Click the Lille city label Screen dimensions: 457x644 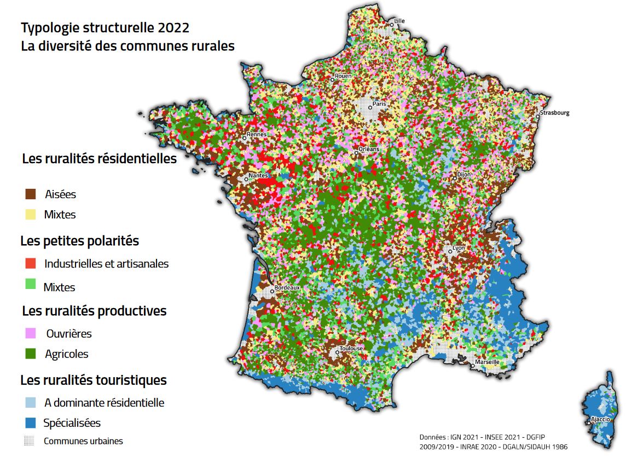coord(400,21)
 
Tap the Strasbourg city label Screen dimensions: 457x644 coord(555,113)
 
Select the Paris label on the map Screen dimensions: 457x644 coord(379,103)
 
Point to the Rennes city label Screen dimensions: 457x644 coord(257,134)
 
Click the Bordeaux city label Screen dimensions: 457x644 coord(288,287)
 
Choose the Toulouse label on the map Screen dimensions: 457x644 coord(351,348)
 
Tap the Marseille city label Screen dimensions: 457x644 coord(487,362)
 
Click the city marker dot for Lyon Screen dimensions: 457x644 coord(450,251)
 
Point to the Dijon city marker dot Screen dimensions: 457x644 coord(455,178)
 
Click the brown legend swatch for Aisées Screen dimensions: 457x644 coord(31,194)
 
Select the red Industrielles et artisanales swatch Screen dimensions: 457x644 coord(31,263)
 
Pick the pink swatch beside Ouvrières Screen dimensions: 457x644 coord(31,333)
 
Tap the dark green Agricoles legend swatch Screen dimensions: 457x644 coord(31,354)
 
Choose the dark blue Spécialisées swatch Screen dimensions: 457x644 coord(31,423)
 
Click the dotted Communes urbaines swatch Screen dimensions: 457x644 coord(30,441)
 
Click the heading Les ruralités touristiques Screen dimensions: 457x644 coord(94,380)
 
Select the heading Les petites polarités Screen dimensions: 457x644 coord(80,241)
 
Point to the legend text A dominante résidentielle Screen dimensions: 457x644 coord(104,403)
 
